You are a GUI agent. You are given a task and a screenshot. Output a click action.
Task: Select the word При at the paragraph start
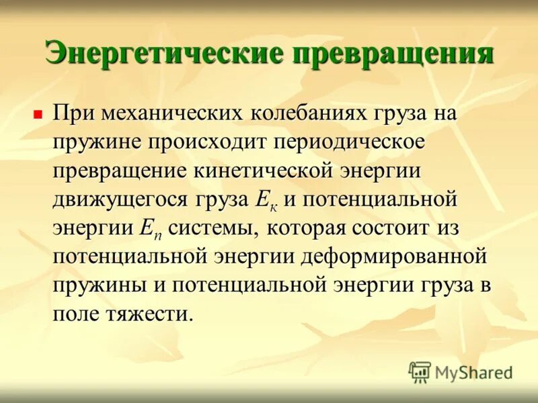[x=74, y=114]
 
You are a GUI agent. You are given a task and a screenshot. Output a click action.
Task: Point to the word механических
[x=171, y=114]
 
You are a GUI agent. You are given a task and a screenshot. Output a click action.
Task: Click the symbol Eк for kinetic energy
[x=265, y=199]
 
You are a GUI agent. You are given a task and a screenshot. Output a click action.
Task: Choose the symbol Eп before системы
[x=149, y=228]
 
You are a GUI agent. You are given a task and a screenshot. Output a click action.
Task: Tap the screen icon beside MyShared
[x=420, y=371]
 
